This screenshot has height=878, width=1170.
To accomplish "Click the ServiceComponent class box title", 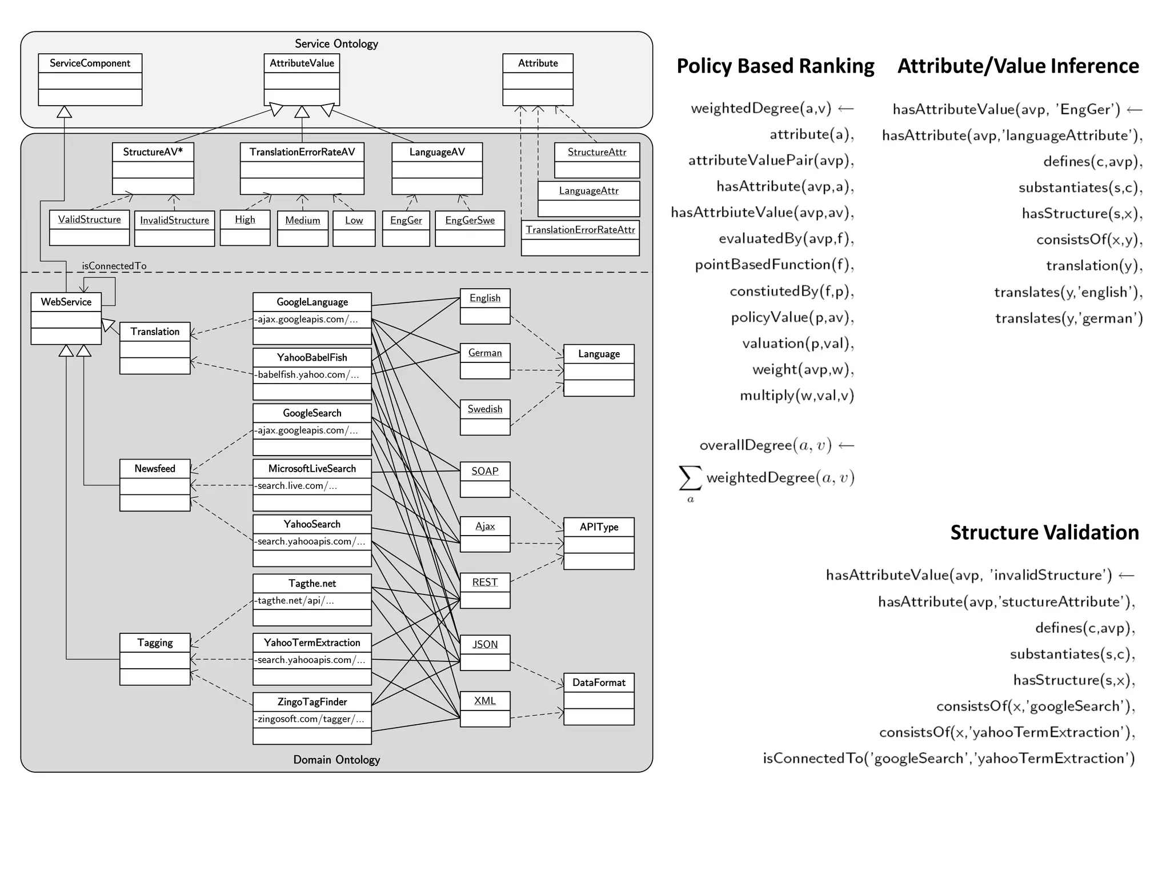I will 90,63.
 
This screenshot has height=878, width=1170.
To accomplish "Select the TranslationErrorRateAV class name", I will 302,152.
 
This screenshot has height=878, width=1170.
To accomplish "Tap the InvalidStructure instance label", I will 174,220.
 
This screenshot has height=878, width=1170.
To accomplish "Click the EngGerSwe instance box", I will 470,228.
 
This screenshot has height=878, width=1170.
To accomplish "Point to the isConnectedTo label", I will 114,266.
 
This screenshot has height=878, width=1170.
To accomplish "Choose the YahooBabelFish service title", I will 312,357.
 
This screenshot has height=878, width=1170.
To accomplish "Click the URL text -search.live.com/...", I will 296,485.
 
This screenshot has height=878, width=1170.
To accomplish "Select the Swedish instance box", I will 484,417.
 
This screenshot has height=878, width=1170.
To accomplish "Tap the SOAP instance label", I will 484,471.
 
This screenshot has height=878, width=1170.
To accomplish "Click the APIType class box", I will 599,543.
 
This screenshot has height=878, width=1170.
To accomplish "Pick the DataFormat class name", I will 599,683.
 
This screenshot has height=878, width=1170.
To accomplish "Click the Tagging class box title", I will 155,642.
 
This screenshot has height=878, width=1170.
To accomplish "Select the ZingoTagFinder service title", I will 312,701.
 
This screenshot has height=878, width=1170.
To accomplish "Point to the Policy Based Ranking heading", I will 775,66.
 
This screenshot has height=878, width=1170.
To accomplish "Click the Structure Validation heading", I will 1044,532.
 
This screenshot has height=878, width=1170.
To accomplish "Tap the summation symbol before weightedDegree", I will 690,478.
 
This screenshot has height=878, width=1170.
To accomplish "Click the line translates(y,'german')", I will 1068,318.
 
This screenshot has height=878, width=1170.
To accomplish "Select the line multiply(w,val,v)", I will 796,396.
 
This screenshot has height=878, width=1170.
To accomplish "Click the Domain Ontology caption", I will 336,760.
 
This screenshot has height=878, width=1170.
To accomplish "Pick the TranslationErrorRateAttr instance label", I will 580,230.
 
